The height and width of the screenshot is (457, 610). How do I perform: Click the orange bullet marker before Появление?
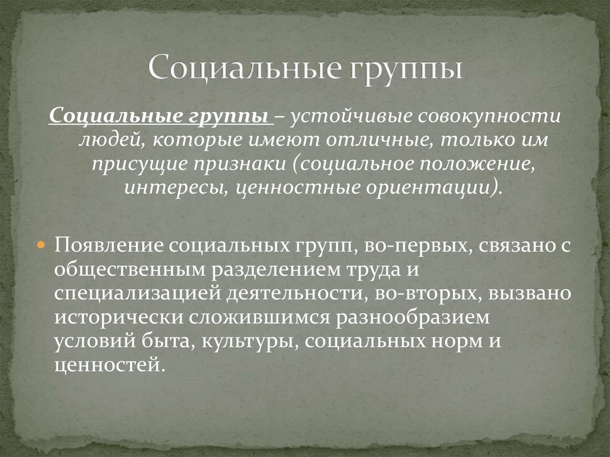click(42, 245)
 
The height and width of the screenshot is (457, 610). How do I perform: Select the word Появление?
click(109, 245)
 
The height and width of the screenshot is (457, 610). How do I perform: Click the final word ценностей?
click(107, 365)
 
